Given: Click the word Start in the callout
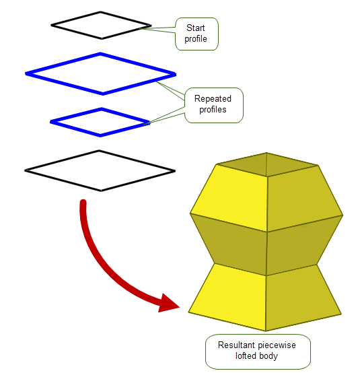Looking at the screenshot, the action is coord(195,28).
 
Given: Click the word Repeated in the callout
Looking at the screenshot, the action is coord(213,98).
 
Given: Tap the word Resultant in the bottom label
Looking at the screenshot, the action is coord(237,345).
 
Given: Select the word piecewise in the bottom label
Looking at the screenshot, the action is coord(277,345).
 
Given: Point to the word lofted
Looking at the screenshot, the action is coord(246,355).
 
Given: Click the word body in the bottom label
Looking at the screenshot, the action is coord(268,356).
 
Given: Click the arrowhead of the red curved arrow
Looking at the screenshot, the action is coord(169,303).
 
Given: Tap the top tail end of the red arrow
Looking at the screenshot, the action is coord(83,202).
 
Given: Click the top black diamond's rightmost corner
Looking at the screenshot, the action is coord(151,26).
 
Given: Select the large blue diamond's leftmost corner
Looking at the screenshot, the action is coord(26,74).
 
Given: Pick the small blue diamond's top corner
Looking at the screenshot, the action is coord(102,109).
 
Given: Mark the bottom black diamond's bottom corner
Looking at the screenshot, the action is coord(101,191).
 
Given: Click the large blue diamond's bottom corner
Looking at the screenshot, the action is coord(103,94).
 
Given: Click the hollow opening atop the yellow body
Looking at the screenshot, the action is coord(267,164).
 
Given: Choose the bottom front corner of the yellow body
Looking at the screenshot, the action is coord(266,331).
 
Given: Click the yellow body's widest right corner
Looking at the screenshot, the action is coord(343,215).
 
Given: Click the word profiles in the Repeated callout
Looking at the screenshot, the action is coord(213,110).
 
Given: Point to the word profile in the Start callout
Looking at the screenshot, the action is coord(196,39).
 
